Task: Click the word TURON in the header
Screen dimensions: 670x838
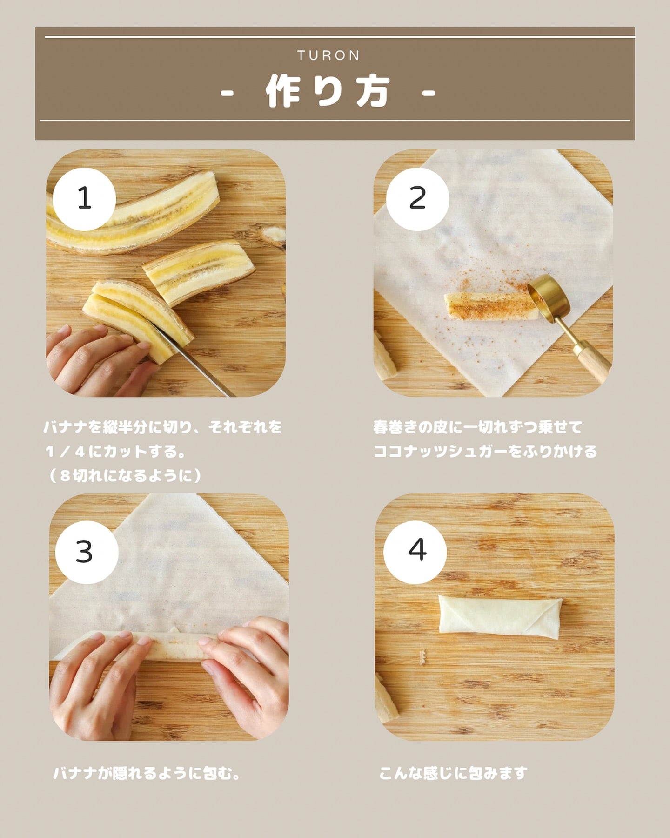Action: tap(328, 56)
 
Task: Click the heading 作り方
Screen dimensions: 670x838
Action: tap(328, 91)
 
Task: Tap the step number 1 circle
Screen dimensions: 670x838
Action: tap(84, 199)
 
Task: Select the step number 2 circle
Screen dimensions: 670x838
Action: tap(417, 199)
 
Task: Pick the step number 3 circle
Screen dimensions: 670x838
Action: tap(87, 552)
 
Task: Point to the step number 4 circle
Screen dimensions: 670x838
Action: tap(415, 552)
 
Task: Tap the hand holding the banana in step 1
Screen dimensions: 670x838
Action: tap(100, 362)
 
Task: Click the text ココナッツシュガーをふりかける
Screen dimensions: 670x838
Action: tap(485, 452)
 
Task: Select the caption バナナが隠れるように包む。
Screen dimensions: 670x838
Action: tap(147, 774)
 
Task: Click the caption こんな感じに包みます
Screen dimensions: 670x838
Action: tap(453, 773)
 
